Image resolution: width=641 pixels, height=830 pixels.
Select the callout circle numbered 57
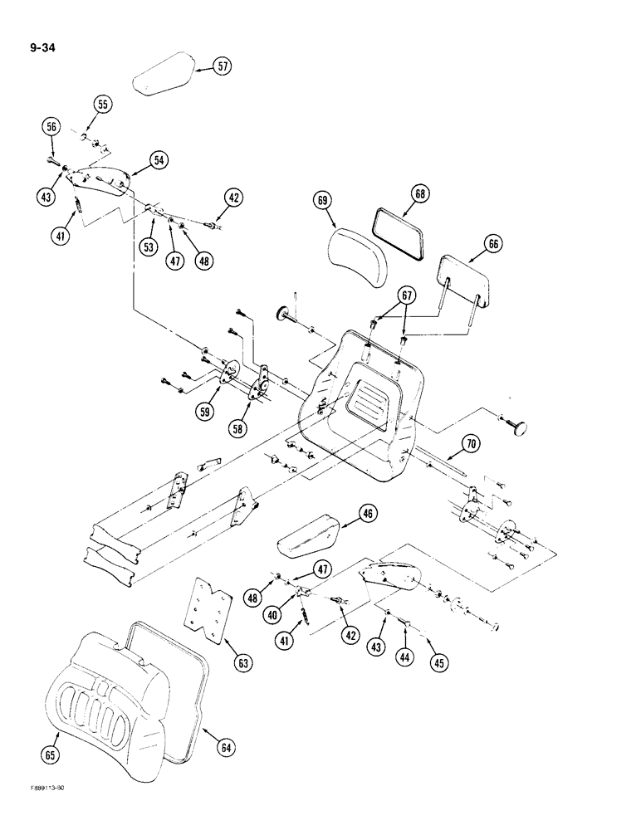pyautogui.click(x=220, y=67)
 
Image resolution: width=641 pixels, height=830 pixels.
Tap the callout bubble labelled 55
pyautogui.click(x=103, y=105)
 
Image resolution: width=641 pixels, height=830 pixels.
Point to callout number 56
pyautogui.click(x=51, y=126)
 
